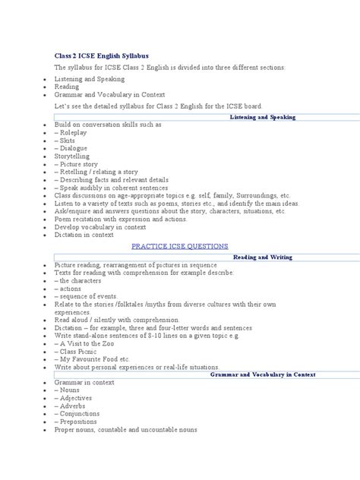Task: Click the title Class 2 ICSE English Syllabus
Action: pos(101,55)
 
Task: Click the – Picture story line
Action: pos(77,163)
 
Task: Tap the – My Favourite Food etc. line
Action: pos(92,358)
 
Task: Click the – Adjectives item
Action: pos(74,397)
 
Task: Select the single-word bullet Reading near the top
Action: pos(68,87)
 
